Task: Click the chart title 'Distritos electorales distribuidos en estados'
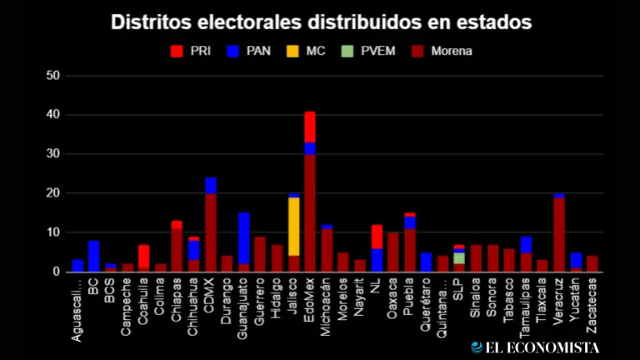[321, 21]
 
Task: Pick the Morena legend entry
[443, 51]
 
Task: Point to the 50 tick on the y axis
[54, 76]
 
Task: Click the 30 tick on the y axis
[54, 154]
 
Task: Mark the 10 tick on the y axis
[54, 232]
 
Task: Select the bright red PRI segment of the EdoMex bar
[310, 127]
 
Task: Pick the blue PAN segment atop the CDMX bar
[211, 185]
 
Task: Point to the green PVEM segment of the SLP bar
[459, 258]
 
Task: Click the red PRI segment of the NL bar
[377, 237]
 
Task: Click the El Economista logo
[535, 347]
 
